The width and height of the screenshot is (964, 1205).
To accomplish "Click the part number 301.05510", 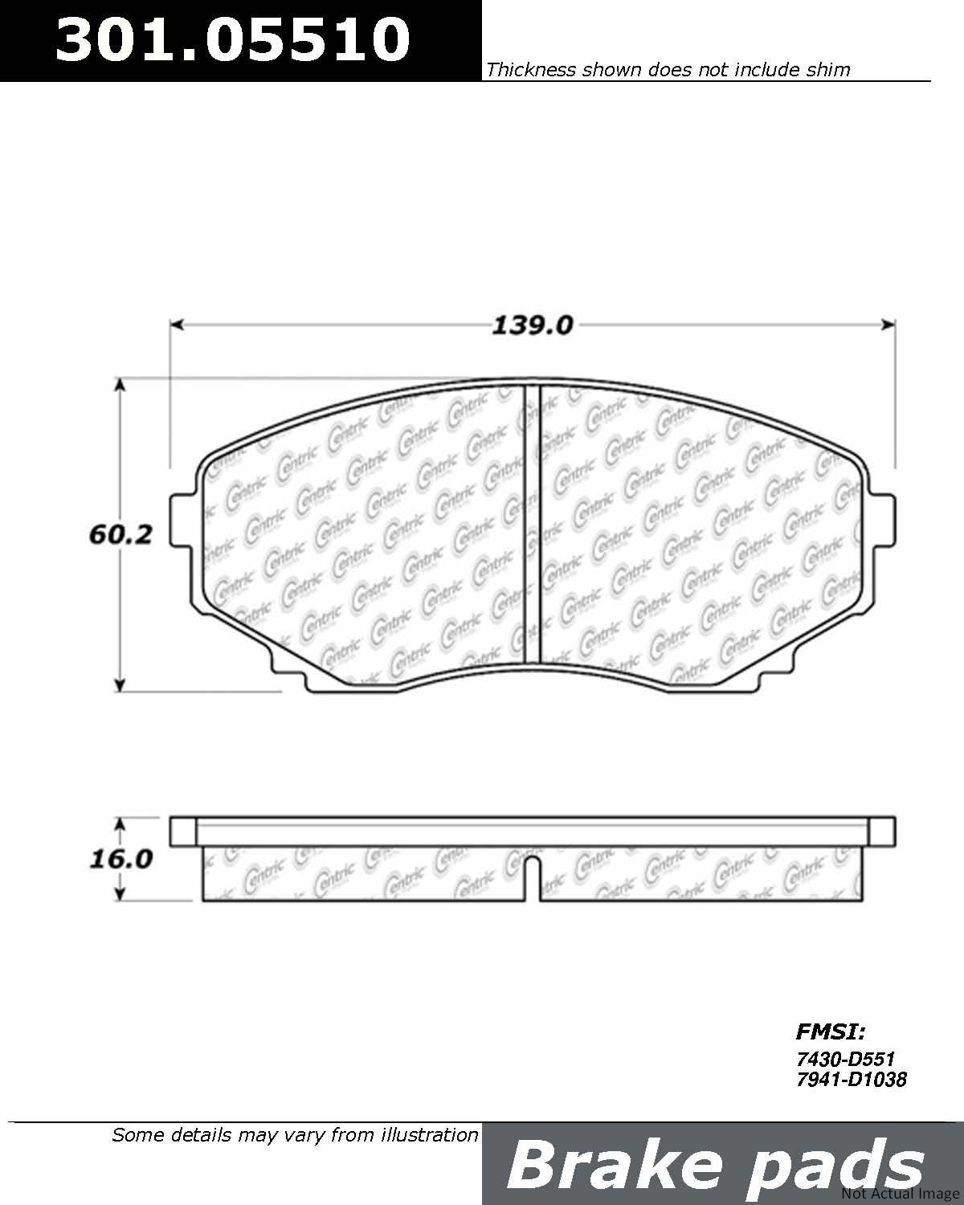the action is (x=232, y=39).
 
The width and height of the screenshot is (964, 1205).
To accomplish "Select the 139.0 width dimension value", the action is (x=532, y=325).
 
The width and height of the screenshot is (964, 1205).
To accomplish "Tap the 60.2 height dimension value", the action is (x=120, y=535).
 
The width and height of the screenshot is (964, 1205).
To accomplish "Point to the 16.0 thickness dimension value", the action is (x=121, y=859).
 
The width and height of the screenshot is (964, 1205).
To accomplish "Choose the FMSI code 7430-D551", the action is (x=845, y=1059).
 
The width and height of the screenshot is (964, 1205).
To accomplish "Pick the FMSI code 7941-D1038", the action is (x=851, y=1079).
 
